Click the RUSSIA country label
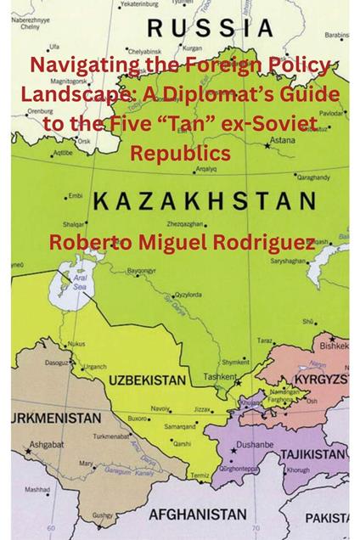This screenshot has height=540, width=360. (209, 30)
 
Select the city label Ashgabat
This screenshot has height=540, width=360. (42, 444)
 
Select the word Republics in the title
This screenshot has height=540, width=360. (180, 154)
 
